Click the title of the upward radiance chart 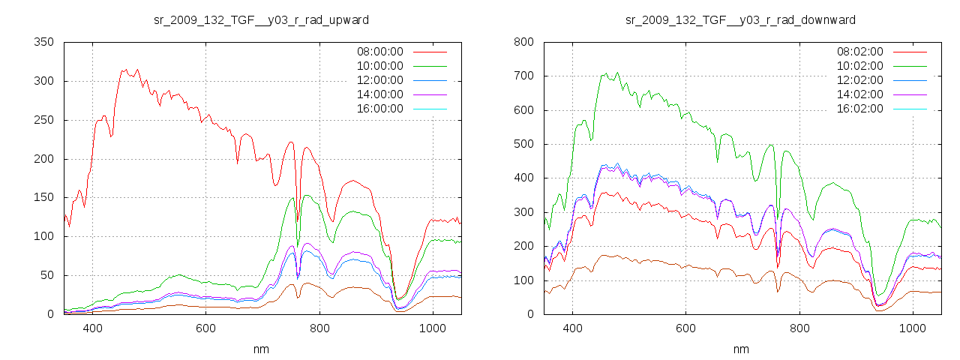pos(261,19)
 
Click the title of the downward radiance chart pos(741,19)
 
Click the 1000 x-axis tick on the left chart pos(432,328)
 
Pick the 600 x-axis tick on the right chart pos(685,328)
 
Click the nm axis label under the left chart pos(261,349)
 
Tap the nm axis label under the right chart pos(741,349)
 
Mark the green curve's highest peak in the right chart pos(617,73)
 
